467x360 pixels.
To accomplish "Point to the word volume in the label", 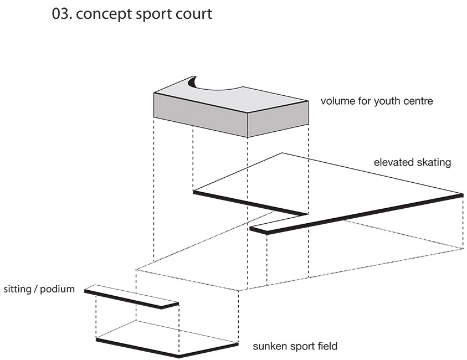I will (336, 101).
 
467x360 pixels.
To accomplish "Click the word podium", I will (59, 289).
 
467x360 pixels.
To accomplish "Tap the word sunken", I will (269, 347).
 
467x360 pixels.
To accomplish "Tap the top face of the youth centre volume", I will (233, 97).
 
